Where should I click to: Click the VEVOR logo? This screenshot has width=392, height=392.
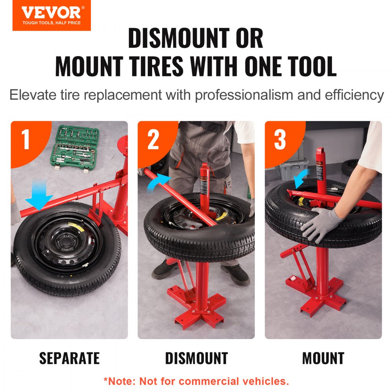(51, 15)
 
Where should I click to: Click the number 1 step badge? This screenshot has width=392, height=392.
(25, 140)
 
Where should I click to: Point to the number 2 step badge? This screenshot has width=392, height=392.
(153, 140)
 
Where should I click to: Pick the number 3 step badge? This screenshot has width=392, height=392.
(280, 140)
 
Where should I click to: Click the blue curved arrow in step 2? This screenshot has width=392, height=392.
(159, 183)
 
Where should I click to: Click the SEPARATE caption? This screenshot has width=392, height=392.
(69, 358)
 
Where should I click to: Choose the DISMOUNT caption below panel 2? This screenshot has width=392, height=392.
(196, 358)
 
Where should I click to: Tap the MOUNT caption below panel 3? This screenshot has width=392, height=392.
(323, 358)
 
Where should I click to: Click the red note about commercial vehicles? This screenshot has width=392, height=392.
(196, 381)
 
